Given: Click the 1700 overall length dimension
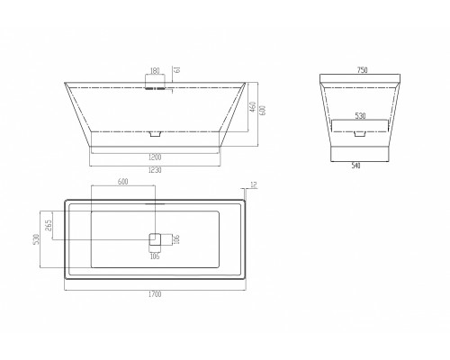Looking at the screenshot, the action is pyautogui.click(x=155, y=294).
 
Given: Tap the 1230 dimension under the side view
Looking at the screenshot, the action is pyautogui.click(x=155, y=170).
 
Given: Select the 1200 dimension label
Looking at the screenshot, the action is pyautogui.click(x=155, y=157).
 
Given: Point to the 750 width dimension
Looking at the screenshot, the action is pyautogui.click(x=363, y=70).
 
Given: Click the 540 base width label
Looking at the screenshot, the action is pyautogui.click(x=355, y=166).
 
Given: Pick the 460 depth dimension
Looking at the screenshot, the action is pyautogui.click(x=253, y=107).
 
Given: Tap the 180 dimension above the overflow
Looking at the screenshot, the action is pyautogui.click(x=155, y=71).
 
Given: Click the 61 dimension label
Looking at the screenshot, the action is pyautogui.click(x=177, y=69).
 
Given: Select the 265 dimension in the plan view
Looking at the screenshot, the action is pyautogui.click(x=49, y=225).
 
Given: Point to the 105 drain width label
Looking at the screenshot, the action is pyautogui.click(x=155, y=256).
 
